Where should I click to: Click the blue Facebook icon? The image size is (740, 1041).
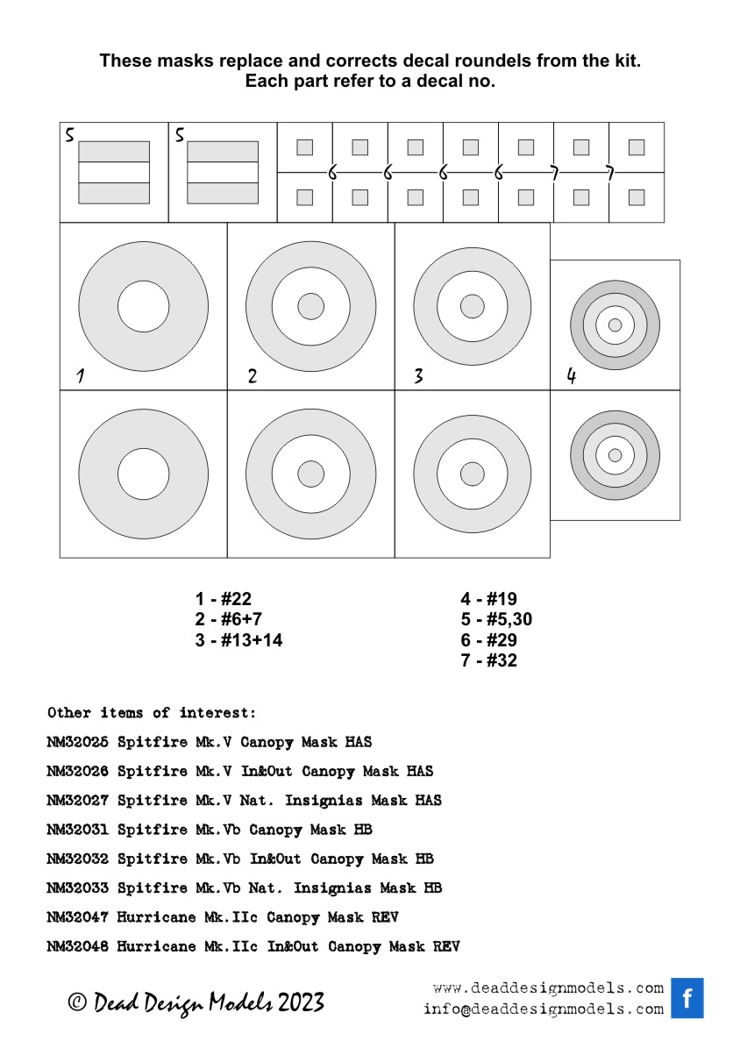point(687,998)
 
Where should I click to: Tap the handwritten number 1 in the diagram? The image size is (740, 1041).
point(81,376)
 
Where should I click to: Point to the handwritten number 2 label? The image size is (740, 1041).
point(253,376)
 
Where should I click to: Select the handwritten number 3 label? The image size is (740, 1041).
point(419,376)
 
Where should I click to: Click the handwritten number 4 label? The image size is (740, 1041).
point(572,376)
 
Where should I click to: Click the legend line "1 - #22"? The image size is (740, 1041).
point(224,600)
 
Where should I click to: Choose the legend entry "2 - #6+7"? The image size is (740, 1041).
point(229,620)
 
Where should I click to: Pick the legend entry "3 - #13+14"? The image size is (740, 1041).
point(238,640)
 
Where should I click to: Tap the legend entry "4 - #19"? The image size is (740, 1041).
point(488,600)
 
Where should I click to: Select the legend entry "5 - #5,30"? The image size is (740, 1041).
point(496,620)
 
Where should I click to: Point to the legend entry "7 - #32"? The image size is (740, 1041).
point(488,660)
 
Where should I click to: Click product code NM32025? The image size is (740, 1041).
point(78,742)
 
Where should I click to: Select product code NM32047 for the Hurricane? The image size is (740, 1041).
point(78,917)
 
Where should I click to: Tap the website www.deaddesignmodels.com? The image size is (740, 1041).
point(548,988)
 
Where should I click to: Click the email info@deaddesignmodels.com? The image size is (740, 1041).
point(544,1009)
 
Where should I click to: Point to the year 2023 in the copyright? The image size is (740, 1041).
point(301,1002)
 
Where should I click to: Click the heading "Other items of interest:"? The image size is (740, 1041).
point(152,712)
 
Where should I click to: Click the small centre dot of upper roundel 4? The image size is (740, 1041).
point(615,324)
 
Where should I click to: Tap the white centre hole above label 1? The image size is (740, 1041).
point(144,306)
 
